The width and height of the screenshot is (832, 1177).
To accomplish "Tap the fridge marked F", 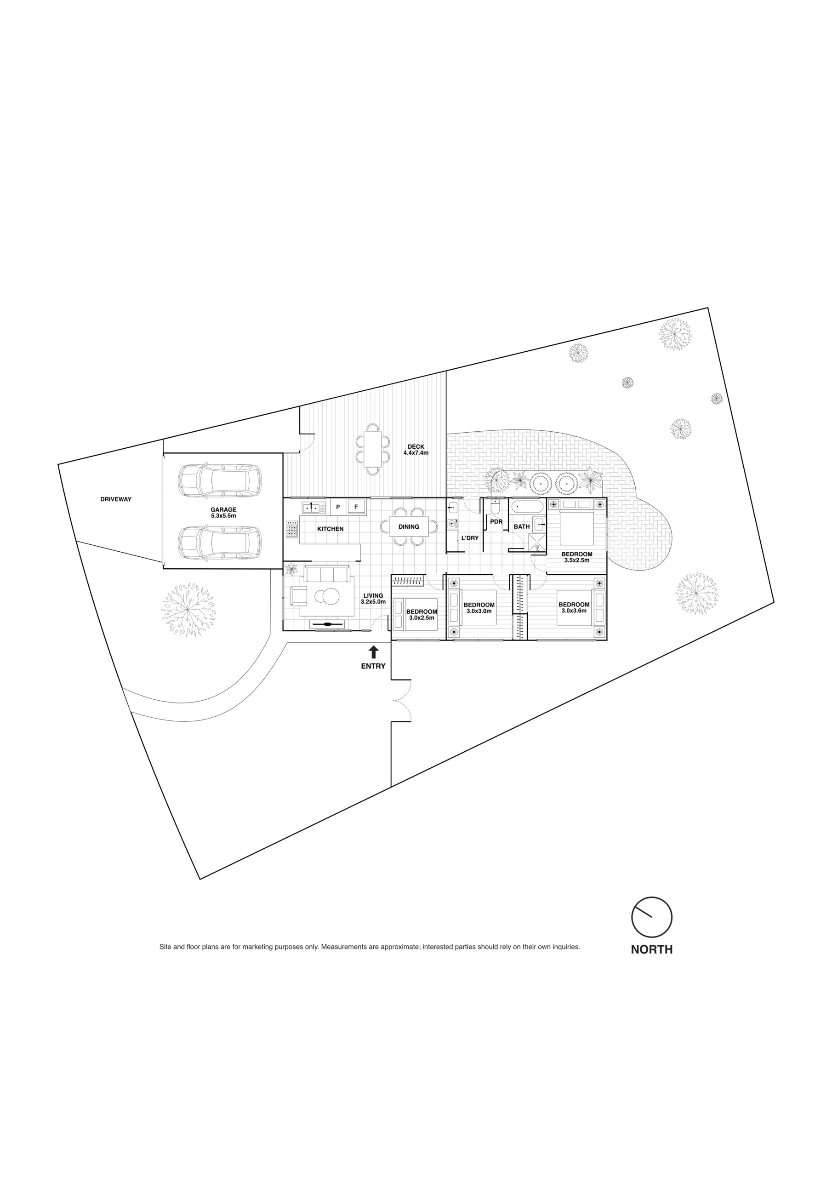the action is tap(356, 507).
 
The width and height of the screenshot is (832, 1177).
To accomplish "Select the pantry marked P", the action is tap(338, 507).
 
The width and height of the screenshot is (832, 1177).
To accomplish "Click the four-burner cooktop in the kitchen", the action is tap(292, 529).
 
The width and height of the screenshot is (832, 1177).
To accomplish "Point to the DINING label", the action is tap(409, 526).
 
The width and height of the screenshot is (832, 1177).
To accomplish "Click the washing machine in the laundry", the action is tap(452, 523).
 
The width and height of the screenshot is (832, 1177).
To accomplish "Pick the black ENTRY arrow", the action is tap(374, 652).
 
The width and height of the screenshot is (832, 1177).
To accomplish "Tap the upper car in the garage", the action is tap(219, 481).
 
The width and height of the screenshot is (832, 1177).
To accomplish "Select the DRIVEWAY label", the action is tap(116, 499).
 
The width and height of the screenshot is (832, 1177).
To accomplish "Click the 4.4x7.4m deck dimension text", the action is tap(416, 453).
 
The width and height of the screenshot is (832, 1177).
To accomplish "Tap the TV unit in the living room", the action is tap(327, 624).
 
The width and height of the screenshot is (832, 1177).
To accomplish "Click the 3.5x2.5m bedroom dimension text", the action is tap(577, 560).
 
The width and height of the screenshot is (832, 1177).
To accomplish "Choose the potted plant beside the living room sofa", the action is tap(291, 569).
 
